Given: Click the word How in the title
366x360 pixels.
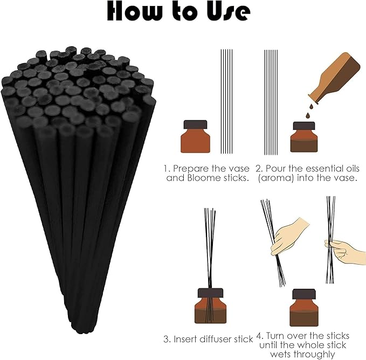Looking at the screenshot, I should pyautogui.click(x=136, y=12).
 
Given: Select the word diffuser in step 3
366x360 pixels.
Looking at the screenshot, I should pyautogui.click(x=220, y=339).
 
